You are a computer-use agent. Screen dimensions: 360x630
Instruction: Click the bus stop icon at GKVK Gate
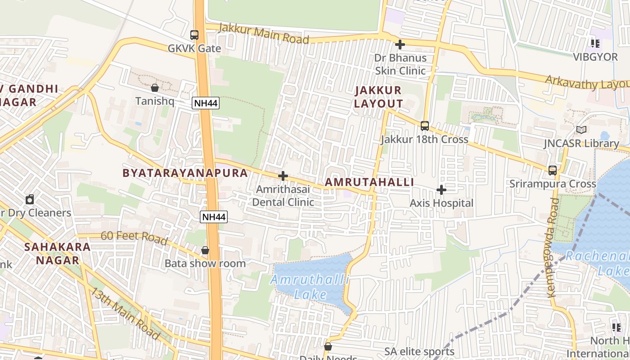point(194,35)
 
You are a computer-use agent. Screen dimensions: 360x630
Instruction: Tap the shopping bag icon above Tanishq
point(155,88)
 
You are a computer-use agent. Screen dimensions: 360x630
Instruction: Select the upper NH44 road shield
point(206,103)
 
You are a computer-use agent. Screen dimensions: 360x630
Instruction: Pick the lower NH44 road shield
point(214,217)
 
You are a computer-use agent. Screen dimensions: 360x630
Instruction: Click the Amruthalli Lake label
point(310,287)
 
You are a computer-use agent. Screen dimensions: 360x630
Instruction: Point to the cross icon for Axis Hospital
point(441,190)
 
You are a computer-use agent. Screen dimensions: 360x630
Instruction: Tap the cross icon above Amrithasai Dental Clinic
point(283,176)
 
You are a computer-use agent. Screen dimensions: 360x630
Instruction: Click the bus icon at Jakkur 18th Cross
point(425,126)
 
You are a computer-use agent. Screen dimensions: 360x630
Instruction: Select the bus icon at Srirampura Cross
point(553,171)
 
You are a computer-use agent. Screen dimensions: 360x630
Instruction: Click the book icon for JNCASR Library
point(581,130)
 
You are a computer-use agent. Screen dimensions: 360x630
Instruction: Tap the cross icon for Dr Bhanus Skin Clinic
point(400,45)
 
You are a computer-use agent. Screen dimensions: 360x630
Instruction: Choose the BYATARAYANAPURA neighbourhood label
point(185,173)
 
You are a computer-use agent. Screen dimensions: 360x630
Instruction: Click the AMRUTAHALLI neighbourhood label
point(369,182)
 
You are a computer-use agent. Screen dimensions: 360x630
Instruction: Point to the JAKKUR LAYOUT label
point(378,97)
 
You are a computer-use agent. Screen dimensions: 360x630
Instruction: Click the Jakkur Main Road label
point(264,34)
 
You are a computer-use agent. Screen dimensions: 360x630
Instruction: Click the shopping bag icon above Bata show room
point(205,250)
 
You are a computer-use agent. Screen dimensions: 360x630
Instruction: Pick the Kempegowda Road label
point(553,247)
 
